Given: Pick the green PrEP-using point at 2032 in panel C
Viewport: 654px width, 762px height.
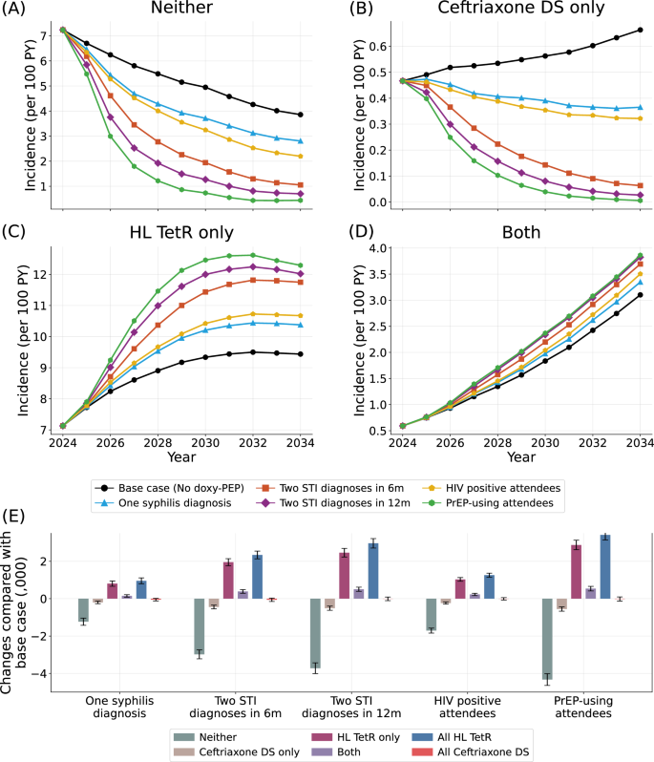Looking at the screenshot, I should click(253, 255).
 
